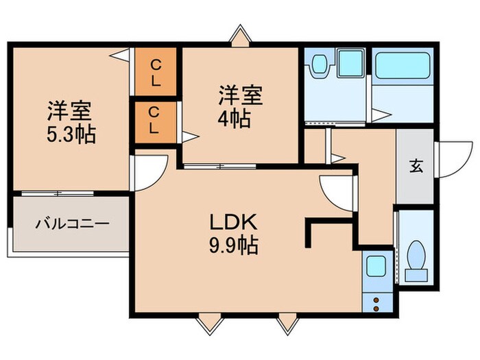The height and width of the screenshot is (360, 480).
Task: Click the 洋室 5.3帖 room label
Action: pos(71,121)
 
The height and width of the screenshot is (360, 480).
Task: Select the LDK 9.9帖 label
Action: pos(232,233)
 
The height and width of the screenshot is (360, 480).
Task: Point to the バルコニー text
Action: pos(72,224)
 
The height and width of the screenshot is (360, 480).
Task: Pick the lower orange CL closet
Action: pos(156,121)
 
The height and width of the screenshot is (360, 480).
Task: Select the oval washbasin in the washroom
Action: pos(318,65)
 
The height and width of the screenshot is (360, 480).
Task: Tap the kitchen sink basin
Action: pos(375,266)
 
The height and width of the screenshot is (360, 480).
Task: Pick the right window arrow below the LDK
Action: pos(286,322)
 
